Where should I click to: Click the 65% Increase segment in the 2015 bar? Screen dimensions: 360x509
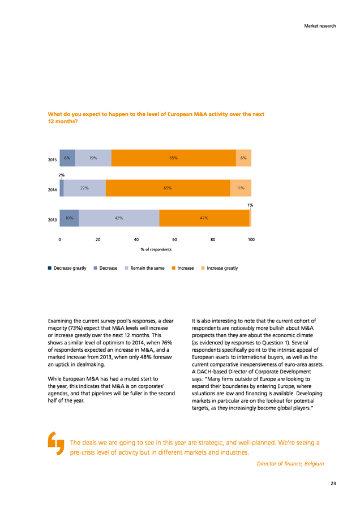coord(174,158)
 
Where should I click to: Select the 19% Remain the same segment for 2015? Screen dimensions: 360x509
coord(93,158)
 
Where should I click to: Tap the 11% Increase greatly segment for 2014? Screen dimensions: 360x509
coord(241,188)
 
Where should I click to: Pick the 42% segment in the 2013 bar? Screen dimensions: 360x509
coord(119,218)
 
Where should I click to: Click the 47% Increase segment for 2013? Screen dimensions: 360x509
coord(204,218)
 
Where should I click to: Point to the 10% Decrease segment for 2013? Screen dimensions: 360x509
coord(69,218)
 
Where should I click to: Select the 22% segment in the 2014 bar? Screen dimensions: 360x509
coord(84,188)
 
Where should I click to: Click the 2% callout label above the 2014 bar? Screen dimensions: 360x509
coord(61,175)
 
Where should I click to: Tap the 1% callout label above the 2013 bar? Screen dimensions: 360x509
coord(250,205)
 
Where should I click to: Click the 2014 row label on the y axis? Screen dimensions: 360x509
coord(52,190)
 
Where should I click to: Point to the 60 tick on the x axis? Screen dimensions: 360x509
coord(174,240)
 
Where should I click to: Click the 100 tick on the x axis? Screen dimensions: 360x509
coord(251,240)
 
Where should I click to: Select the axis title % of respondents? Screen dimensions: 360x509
coord(156,249)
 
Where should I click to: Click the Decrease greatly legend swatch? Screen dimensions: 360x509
coord(50,268)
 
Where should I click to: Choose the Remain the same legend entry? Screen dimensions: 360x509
coord(144,268)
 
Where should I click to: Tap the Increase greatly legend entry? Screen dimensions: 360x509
coord(220,268)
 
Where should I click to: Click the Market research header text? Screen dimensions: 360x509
coord(320,26)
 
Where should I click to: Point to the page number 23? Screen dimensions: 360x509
coord(333,484)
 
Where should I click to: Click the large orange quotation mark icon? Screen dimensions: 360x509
coord(56,443)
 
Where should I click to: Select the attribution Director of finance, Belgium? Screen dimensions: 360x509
coord(290,464)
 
